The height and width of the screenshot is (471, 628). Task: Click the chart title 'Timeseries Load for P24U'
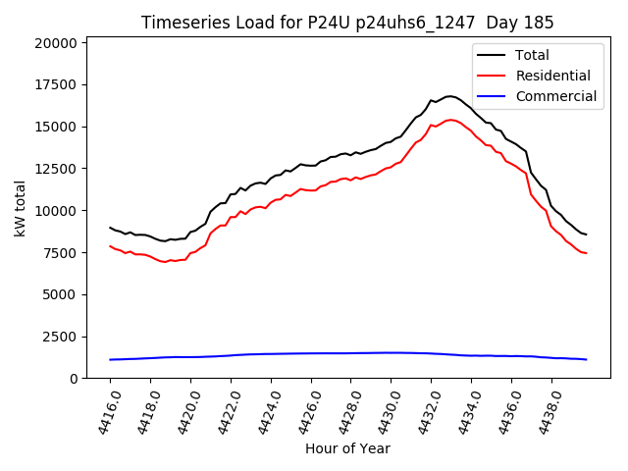click(347, 23)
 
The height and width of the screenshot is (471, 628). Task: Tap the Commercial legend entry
click(555, 96)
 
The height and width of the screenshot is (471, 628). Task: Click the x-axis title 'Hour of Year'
click(347, 448)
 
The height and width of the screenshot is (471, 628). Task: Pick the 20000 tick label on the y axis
click(56, 43)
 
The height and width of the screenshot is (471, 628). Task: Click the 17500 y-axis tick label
click(56, 85)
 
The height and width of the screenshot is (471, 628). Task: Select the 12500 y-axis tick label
click(56, 169)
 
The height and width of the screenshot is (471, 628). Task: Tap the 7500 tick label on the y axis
click(60, 253)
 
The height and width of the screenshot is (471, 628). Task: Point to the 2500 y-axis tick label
click(60, 337)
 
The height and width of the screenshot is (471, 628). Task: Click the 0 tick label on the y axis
click(74, 379)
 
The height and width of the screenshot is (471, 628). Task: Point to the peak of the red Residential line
click(450, 120)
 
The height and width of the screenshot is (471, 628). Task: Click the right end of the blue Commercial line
click(586, 359)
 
